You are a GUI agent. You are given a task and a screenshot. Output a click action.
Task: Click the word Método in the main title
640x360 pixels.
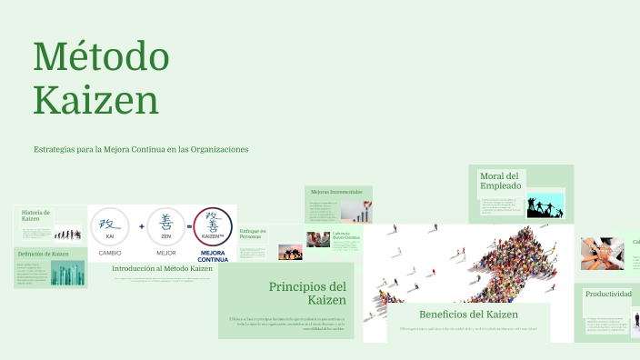pyautogui.click(x=101, y=57)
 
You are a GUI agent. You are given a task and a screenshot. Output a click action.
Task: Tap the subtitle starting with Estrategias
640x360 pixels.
pyautogui.click(x=141, y=149)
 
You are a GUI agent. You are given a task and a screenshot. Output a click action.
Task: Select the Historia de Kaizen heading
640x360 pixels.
pyautogui.click(x=35, y=215)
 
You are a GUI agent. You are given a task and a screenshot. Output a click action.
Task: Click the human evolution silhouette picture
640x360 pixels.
pyautogui.click(x=65, y=234)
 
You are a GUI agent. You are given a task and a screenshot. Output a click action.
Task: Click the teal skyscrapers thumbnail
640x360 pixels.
pyautogui.click(x=69, y=273)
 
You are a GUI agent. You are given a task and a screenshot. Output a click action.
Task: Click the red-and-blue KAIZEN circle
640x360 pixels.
pyautogui.click(x=213, y=226)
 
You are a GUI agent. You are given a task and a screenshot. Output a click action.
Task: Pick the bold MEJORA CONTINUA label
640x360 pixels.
pyautogui.click(x=213, y=255)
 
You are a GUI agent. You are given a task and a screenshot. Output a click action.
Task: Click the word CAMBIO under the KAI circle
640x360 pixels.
pyautogui.click(x=110, y=253)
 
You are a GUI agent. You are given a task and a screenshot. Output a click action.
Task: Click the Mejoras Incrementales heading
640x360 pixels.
pyautogui.click(x=336, y=192)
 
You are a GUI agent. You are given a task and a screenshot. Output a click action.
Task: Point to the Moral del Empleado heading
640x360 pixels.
pyautogui.click(x=500, y=180)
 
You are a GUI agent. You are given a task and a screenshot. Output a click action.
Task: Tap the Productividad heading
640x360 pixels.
pyautogui.click(x=608, y=294)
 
